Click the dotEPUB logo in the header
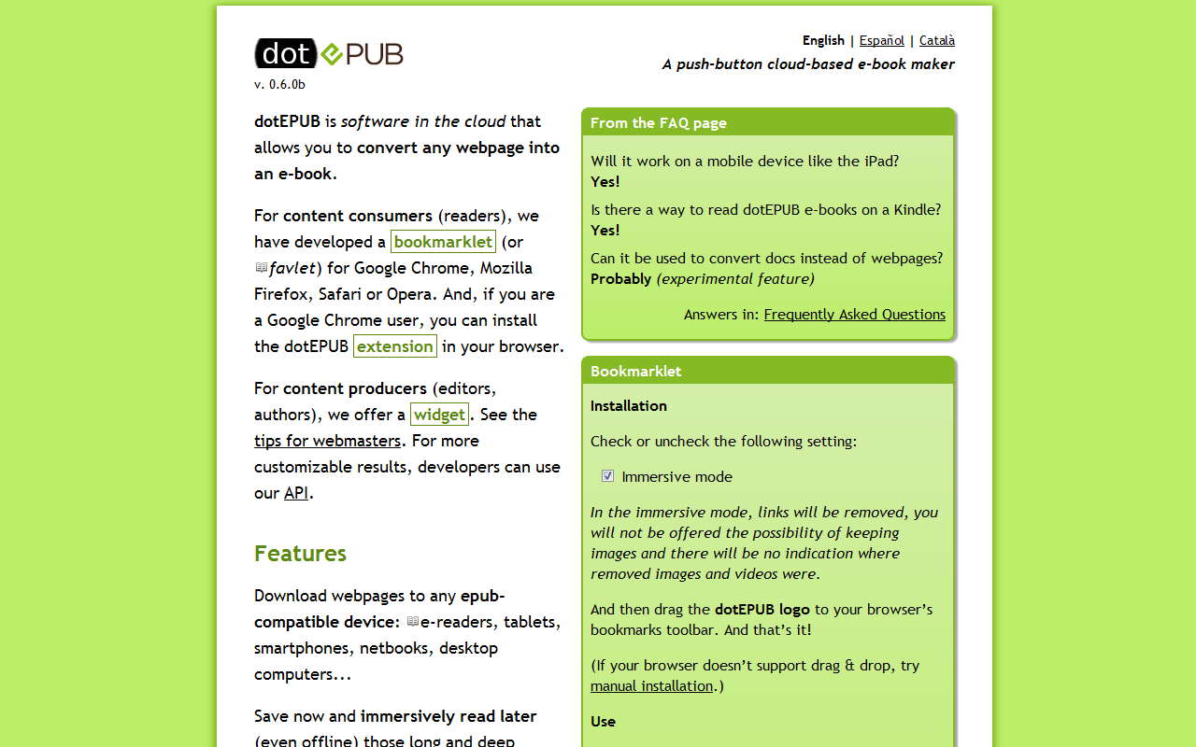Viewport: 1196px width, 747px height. pos(328,54)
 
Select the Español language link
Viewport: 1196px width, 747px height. pos(881,40)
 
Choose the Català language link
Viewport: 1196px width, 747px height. pos(936,40)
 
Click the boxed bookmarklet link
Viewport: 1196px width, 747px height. pos(443,242)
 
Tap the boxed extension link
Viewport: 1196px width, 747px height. pos(395,346)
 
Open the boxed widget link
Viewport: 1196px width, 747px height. pos(439,415)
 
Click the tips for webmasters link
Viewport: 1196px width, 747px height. pos(327,441)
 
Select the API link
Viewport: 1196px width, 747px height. pos(296,493)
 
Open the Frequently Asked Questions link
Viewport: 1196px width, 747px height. pos(854,315)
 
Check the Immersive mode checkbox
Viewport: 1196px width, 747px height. pos(608,476)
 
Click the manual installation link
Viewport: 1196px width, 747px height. pos(651,686)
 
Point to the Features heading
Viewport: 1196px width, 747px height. pos(300,554)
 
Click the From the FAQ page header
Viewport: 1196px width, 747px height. pos(659,123)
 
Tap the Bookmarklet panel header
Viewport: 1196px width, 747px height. pos(636,372)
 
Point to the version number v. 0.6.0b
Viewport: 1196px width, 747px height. pos(279,84)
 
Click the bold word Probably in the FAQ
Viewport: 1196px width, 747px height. pos(620,279)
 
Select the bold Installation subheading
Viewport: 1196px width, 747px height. pos(629,406)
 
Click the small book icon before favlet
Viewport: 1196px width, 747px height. pos(262,268)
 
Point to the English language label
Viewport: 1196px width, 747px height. pos(823,40)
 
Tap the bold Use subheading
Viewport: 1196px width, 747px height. pos(603,722)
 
